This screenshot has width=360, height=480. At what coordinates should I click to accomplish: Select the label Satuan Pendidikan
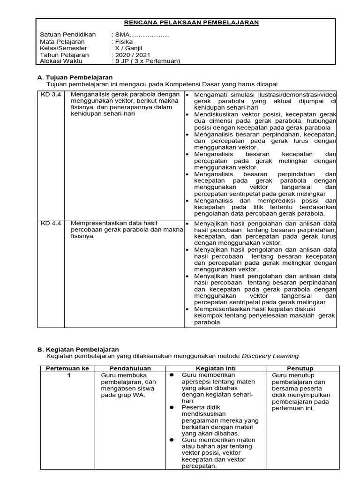pyautogui.click(x=67, y=35)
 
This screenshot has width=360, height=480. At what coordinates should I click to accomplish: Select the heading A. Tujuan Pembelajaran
pyautogui.click(x=75, y=77)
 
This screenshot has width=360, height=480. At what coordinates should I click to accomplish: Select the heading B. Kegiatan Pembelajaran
pyautogui.click(x=78, y=349)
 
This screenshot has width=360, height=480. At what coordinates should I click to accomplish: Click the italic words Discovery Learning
pyautogui.click(x=270, y=356)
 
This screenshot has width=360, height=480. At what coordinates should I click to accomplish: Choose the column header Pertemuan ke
pyautogui.click(x=67, y=368)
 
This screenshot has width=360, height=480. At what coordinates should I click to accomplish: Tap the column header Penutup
pyautogui.click(x=300, y=368)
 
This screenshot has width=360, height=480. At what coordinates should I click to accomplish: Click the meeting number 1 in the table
pyautogui.click(x=68, y=375)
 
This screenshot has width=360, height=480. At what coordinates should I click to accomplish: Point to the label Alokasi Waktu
pyautogui.click(x=60, y=61)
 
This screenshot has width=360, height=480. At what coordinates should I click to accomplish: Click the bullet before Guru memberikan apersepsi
pyautogui.click(x=172, y=375)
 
